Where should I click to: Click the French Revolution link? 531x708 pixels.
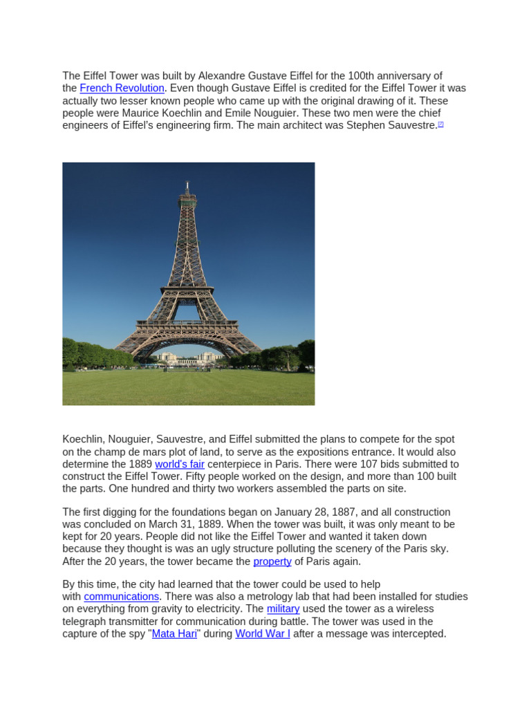point(122,88)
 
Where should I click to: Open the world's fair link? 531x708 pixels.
point(179,464)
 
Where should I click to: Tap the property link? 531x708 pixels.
point(272,561)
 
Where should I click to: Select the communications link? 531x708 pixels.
point(122,597)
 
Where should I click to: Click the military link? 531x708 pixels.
point(283,609)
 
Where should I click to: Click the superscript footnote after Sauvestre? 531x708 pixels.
point(440,124)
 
